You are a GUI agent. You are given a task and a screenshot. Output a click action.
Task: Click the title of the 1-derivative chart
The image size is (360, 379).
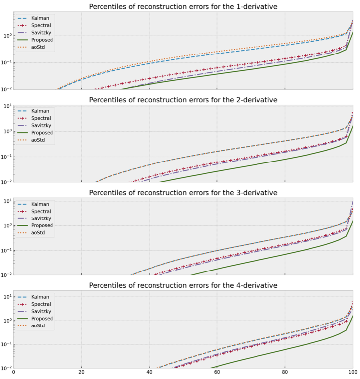click(183, 6)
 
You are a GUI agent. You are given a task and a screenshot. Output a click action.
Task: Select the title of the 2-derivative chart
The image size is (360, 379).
click(183, 100)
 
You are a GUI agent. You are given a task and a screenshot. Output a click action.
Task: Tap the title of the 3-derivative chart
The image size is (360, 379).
click(183, 192)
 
